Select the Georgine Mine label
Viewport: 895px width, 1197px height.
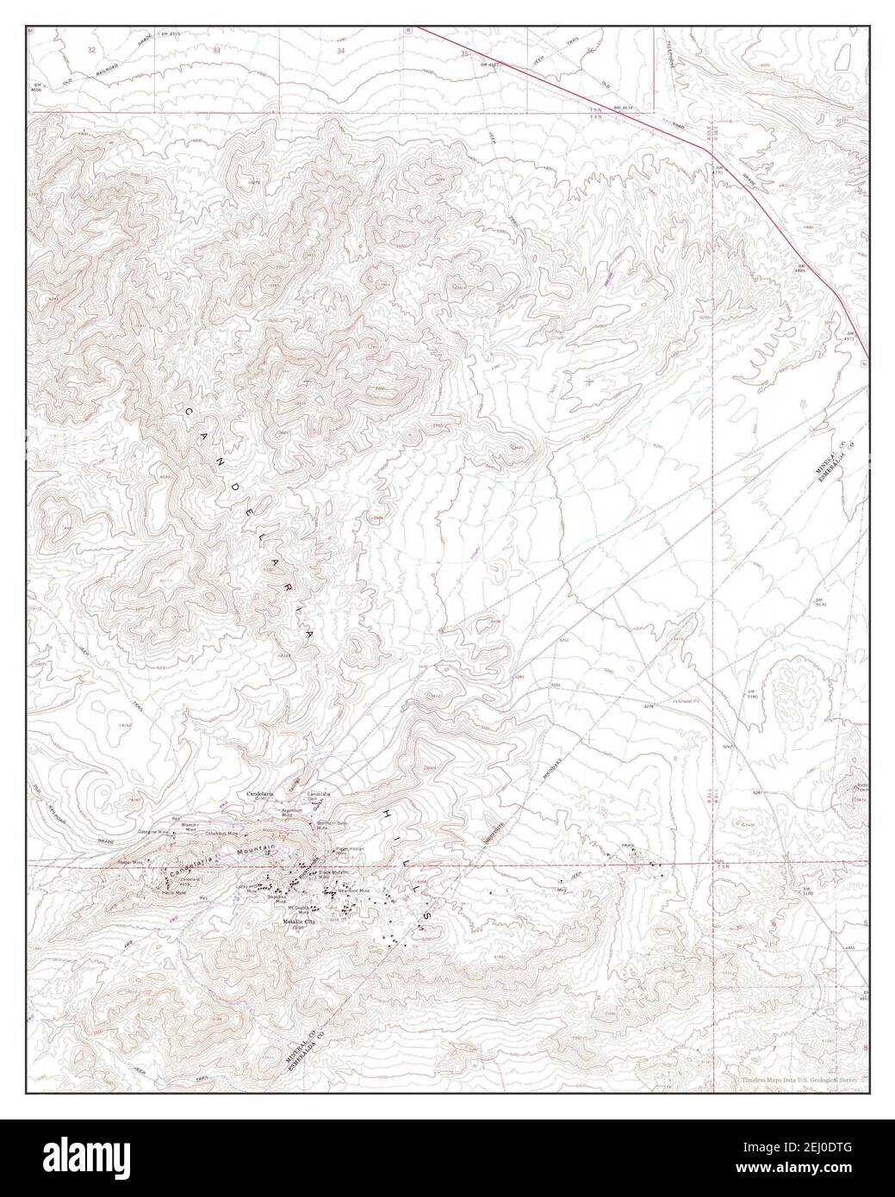coord(156,833)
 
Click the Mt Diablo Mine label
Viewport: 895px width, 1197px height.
coord(299,909)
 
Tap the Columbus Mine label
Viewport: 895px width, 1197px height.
coord(221,833)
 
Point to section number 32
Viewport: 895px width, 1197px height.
coord(91,51)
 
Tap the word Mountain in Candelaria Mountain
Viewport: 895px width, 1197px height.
coord(258,850)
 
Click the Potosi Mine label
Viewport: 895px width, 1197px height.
coord(129,861)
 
